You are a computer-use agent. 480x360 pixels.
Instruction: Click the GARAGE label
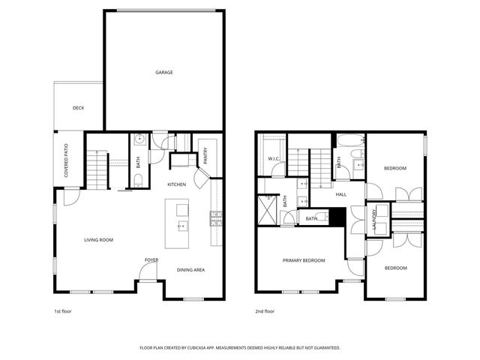coord(164,73)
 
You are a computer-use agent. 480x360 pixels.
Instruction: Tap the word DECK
coord(78,108)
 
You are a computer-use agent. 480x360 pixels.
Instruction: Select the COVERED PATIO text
coord(67,157)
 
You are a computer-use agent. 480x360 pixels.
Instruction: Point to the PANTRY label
coord(205,155)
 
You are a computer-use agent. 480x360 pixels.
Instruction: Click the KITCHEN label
coord(176,184)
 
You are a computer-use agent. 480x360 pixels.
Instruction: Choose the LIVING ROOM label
coord(98,240)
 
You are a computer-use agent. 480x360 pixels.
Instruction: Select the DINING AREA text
coord(190,270)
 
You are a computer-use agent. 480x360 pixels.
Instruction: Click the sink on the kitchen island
coord(181,225)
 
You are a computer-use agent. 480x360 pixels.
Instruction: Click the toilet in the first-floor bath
coord(139,178)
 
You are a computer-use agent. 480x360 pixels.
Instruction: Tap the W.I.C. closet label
coord(274,159)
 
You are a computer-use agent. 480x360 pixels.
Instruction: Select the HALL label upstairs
coord(340,194)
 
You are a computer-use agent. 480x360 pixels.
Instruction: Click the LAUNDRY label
coord(373,226)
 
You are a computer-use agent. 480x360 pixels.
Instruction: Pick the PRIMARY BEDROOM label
coord(304,260)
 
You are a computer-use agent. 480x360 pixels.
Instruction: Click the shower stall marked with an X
coord(268,206)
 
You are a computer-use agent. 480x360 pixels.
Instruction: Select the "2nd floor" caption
coord(265,310)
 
